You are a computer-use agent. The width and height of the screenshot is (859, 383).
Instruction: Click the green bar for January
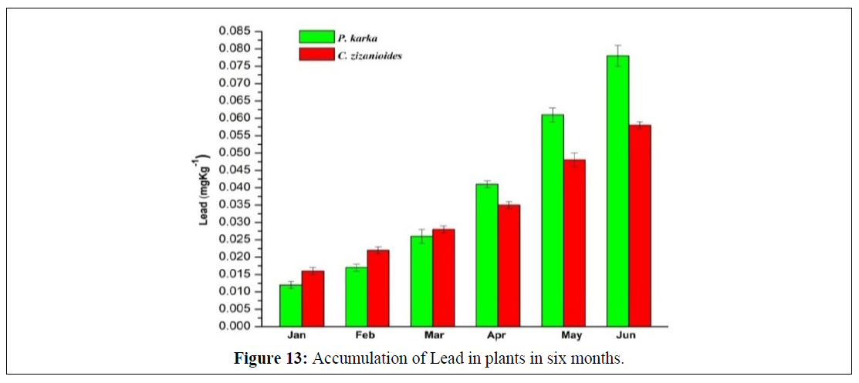(290, 305)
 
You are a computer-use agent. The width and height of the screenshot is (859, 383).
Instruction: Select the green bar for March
(421, 281)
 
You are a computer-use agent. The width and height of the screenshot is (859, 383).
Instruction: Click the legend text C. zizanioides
(370, 55)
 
